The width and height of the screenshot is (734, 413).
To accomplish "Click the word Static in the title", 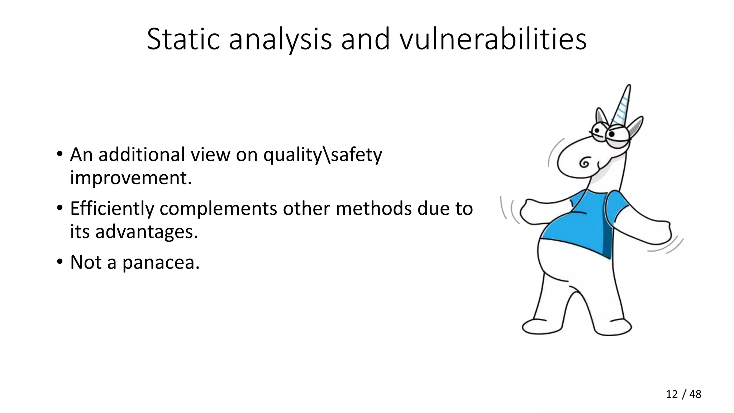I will pyautogui.click(x=183, y=39).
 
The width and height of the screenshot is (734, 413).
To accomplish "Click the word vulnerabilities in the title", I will pyautogui.click(x=493, y=39).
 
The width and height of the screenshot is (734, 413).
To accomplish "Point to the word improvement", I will pyautogui.click(x=131, y=178).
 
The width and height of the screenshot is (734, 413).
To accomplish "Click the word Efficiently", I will pyautogui.click(x=112, y=209).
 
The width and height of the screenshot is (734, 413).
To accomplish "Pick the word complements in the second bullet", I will pyautogui.click(x=218, y=209).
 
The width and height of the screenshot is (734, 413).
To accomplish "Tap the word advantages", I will pyautogui.click(x=146, y=232).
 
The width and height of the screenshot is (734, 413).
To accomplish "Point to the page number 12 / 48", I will pyautogui.click(x=683, y=394).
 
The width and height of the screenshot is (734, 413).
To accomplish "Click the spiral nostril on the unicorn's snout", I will pyautogui.click(x=585, y=163).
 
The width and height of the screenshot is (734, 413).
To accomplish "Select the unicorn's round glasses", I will pyautogui.click(x=609, y=134).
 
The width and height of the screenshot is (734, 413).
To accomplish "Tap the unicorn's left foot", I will pyautogui.click(x=541, y=326).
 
